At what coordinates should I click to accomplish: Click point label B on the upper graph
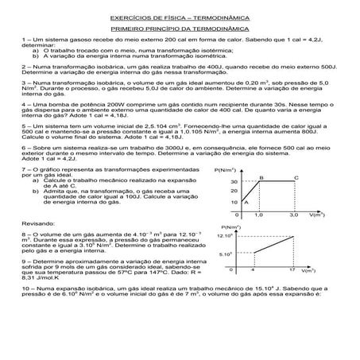click(261, 176)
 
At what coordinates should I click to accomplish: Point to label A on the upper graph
click(246, 202)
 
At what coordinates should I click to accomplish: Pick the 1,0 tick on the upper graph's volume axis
click(258, 215)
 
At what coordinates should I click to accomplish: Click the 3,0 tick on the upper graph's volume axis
click(293, 215)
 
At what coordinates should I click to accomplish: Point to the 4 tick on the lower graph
click(253, 270)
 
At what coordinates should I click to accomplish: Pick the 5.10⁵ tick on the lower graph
click(225, 254)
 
